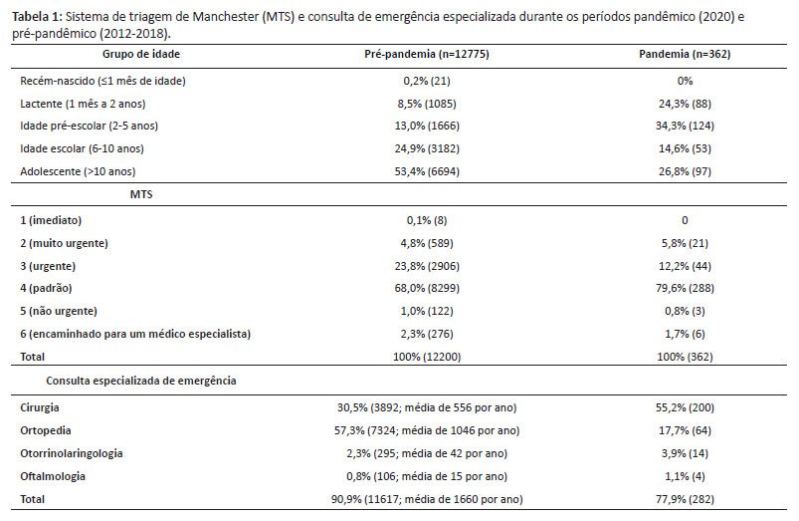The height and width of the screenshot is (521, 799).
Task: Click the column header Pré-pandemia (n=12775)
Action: (x=427, y=54)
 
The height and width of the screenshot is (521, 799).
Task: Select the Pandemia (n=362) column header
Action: (x=685, y=54)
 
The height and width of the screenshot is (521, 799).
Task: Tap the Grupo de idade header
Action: (x=141, y=54)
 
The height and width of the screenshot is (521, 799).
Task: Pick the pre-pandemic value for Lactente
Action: (x=427, y=104)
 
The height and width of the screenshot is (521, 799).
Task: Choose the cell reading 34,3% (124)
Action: (x=685, y=127)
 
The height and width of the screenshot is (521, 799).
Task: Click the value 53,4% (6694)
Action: (x=427, y=172)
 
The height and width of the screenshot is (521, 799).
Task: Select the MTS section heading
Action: (x=141, y=194)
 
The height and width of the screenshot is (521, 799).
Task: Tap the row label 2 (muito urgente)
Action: (x=65, y=243)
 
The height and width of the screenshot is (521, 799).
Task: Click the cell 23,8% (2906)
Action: (x=427, y=266)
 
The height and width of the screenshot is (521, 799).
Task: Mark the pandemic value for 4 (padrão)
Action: (x=685, y=288)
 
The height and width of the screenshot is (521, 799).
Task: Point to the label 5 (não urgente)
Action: (x=59, y=311)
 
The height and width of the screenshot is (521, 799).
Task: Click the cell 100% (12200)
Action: (x=427, y=358)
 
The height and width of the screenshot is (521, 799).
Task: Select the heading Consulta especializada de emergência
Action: (x=141, y=382)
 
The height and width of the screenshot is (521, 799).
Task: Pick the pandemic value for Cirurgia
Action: (x=685, y=407)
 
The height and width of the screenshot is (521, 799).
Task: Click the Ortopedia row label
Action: (x=46, y=430)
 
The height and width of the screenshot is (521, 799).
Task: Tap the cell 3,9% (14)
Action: (x=685, y=453)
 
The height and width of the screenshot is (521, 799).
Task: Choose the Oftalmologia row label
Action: (x=53, y=476)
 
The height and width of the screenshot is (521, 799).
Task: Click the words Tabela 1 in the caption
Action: (x=36, y=17)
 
